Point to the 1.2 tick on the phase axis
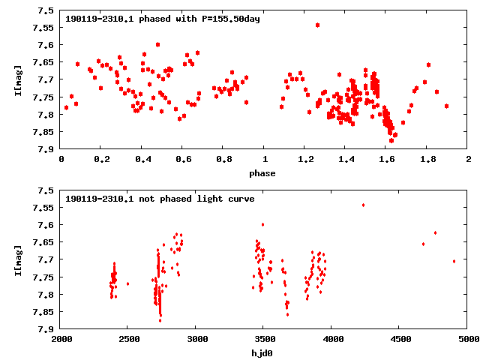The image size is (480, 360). [x=305, y=160]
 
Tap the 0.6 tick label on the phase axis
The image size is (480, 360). [x=183, y=160]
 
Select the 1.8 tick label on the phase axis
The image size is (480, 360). [x=427, y=160]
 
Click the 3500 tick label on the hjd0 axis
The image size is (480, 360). [x=332, y=339]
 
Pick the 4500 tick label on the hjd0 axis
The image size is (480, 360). [x=400, y=339]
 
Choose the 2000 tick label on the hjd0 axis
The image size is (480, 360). [x=61, y=339]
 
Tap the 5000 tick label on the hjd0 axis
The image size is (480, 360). [x=468, y=339]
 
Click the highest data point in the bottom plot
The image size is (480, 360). [x=363, y=205]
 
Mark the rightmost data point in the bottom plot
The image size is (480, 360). [x=454, y=261]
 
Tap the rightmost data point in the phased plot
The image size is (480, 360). [x=446, y=106]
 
